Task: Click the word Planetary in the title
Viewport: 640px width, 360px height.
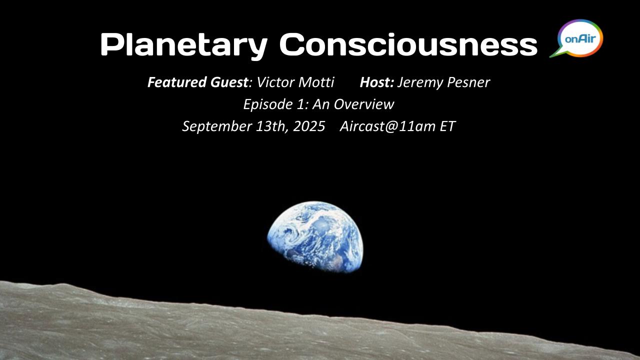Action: click(184, 45)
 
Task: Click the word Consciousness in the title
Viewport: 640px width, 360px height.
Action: click(408, 44)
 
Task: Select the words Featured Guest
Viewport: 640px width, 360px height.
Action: click(198, 82)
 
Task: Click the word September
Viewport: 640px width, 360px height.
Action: click(217, 126)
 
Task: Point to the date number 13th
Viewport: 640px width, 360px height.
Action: click(269, 126)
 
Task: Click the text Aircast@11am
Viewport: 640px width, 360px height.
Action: click(387, 126)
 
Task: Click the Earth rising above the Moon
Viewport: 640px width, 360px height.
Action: click(315, 237)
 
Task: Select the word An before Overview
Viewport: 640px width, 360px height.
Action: click(321, 104)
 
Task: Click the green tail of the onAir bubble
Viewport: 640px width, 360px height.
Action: click(556, 53)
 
